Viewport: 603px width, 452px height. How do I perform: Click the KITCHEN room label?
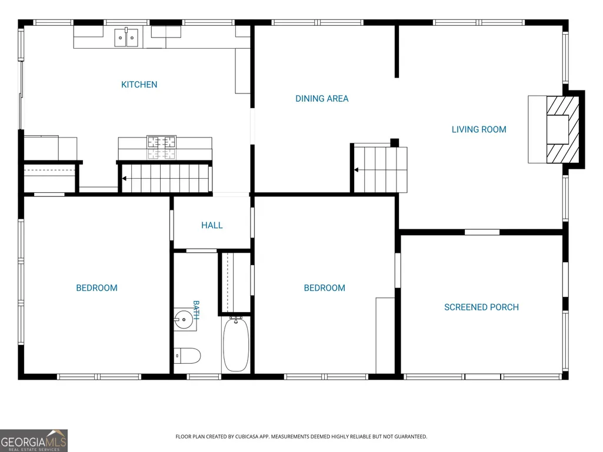[139, 85]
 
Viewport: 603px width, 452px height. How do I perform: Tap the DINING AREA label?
[322, 99]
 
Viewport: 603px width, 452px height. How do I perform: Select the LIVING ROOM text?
[479, 129]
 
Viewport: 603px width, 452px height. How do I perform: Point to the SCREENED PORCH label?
[481, 307]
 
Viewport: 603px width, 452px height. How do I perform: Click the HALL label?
[212, 225]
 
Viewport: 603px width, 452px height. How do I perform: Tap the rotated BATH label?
[196, 310]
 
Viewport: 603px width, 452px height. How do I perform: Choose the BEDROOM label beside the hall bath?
[96, 288]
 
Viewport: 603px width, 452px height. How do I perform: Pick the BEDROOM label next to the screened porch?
[325, 288]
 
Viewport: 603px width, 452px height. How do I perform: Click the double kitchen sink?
[126, 38]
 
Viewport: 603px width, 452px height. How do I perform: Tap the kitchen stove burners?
[162, 147]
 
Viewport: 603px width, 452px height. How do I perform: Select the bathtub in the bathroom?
[236, 344]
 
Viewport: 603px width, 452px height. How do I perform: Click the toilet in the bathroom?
[187, 356]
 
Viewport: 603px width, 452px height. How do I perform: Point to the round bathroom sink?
[184, 319]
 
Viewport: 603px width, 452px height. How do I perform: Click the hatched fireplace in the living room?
[562, 130]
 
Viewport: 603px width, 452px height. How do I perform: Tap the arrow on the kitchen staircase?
[125, 178]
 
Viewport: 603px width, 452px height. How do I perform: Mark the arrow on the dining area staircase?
[357, 169]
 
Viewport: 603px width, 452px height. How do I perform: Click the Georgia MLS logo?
[34, 440]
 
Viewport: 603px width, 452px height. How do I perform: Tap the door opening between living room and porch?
[482, 232]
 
